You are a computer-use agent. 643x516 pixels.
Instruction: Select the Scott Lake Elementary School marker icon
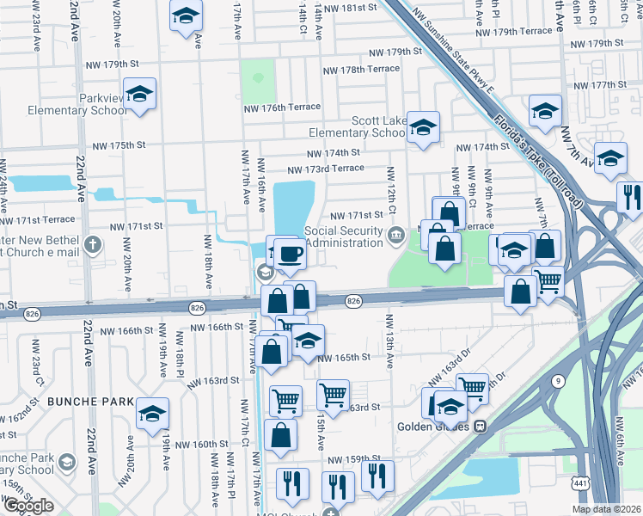point(422,128)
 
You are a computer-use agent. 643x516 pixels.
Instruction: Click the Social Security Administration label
point(343,236)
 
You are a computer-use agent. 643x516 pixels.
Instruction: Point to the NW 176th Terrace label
point(269,107)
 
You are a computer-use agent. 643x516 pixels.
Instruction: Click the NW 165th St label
point(344,357)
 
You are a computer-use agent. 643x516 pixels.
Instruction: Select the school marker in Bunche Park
point(152,414)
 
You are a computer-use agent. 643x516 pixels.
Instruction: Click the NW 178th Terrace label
point(360,69)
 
